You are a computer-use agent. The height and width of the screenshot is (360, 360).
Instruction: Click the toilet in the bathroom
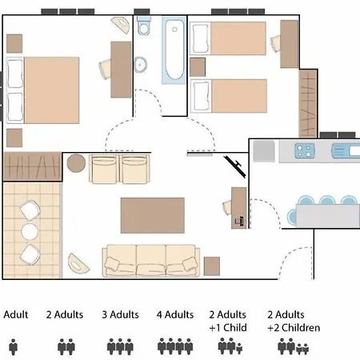144,26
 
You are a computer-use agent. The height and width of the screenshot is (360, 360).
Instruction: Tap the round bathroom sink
140,65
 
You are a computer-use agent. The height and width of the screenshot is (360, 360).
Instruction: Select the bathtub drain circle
174,30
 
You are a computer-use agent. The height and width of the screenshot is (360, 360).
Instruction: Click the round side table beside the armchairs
76,163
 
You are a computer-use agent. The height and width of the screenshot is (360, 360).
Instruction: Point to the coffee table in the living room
153,215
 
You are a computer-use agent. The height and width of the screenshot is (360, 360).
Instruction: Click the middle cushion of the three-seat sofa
151,261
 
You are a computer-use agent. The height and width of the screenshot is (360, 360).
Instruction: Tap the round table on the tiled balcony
30,232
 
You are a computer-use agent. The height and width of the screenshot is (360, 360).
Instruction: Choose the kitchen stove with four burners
305,151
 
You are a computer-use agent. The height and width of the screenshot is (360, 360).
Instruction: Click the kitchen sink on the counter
346,151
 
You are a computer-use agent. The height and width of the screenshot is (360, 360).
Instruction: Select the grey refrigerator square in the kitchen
264,151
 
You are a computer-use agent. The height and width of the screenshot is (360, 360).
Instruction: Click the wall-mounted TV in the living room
235,166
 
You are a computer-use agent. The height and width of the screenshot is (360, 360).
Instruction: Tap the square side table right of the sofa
212,266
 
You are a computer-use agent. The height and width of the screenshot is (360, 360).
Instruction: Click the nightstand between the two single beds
198,67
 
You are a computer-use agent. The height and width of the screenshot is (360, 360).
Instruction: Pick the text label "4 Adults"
175,314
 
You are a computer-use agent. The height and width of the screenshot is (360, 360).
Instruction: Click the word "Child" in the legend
235,327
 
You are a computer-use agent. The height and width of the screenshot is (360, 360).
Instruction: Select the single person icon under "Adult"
13,347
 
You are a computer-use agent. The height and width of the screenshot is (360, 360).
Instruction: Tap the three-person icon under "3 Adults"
120,346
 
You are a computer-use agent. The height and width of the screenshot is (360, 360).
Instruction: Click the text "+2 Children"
294,328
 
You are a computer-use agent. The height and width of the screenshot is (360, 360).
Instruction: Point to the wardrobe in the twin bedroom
308,103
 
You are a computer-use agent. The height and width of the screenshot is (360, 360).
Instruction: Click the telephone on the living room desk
239,221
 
